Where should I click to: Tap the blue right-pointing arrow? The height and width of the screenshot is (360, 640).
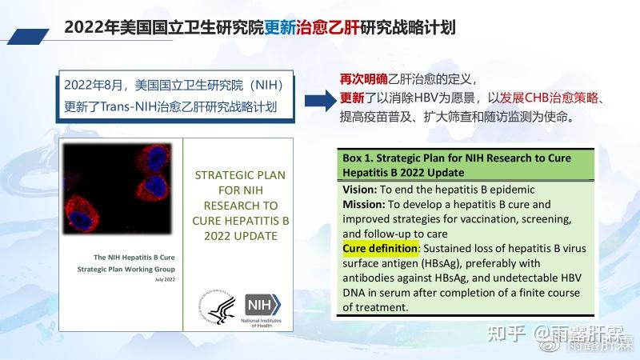pyautogui.click(x=318, y=98)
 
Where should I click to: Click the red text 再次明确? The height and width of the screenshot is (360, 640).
pyautogui.click(x=364, y=79)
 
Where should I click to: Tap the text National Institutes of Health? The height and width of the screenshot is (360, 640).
pyautogui.click(x=262, y=322)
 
